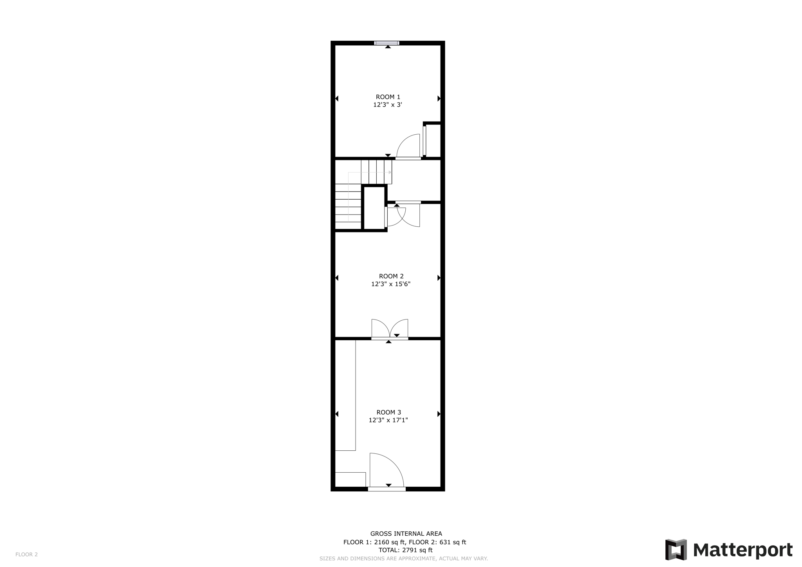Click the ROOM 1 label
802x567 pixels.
[388, 97]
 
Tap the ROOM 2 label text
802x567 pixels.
[391, 276]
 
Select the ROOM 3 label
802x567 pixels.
[388, 412]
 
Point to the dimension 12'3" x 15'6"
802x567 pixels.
[391, 284]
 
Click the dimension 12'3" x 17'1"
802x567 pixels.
[388, 420]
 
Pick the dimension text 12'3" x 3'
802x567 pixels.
[388, 105]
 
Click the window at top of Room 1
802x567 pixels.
[387, 43]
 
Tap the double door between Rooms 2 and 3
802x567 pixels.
[390, 329]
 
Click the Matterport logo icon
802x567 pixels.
[676, 550]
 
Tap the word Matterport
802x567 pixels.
[743, 550]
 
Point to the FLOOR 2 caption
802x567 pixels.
[27, 554]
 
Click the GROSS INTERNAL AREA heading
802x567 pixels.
[406, 534]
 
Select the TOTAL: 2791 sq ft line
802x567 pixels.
[405, 550]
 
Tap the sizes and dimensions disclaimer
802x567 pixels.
[404, 559]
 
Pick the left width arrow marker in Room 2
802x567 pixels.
[337, 278]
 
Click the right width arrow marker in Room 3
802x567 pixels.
[439, 414]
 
